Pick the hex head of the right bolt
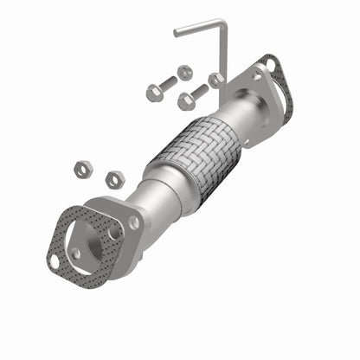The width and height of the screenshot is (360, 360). (184, 101)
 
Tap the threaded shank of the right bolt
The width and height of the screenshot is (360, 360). (198, 91)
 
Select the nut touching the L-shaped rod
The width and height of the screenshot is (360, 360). (215, 80)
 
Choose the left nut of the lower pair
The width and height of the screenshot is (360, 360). (82, 170)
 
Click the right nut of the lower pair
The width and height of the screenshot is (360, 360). (112, 180)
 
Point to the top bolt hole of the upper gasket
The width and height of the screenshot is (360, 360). (271, 63)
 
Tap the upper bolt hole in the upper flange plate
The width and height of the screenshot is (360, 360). (257, 75)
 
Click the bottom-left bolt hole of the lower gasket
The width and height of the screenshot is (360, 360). (54, 260)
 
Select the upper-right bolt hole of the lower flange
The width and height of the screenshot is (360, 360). (133, 222)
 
